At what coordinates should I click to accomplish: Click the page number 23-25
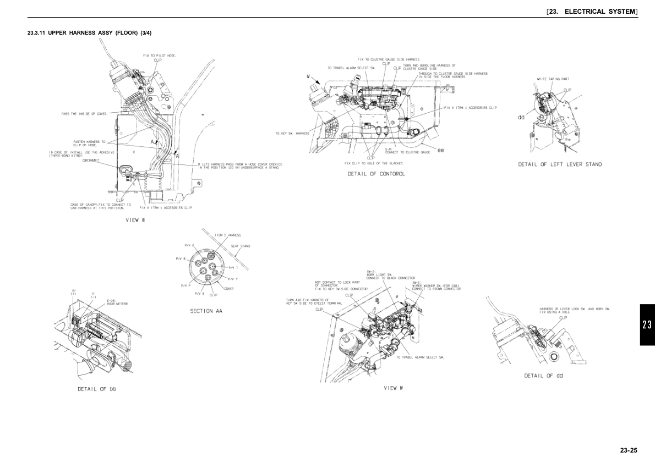tap(628, 450)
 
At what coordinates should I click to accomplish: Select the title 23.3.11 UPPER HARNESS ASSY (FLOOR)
tap(90, 33)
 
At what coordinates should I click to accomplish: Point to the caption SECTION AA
tap(206, 311)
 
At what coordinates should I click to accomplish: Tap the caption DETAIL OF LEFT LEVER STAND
tap(560, 164)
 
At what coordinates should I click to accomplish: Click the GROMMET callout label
tap(90, 160)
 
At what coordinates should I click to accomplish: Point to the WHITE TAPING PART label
tap(553, 79)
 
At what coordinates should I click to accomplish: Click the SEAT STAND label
tap(240, 246)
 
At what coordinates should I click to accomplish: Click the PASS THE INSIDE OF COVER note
tap(84, 114)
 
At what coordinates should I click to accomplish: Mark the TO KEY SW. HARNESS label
tap(292, 133)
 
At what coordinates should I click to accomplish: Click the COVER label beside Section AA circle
tap(228, 289)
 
